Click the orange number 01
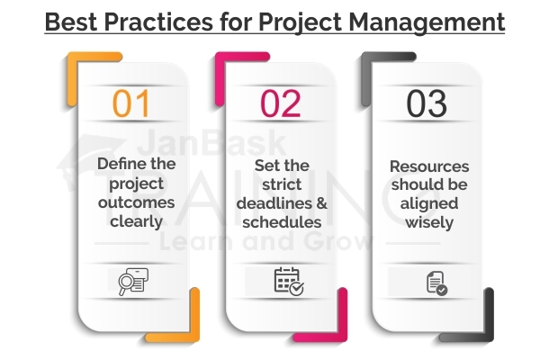[x=131, y=103]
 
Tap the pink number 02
[x=280, y=103]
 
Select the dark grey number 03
[x=427, y=103]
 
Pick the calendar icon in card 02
[x=287, y=282]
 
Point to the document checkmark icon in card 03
[x=436, y=283]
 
